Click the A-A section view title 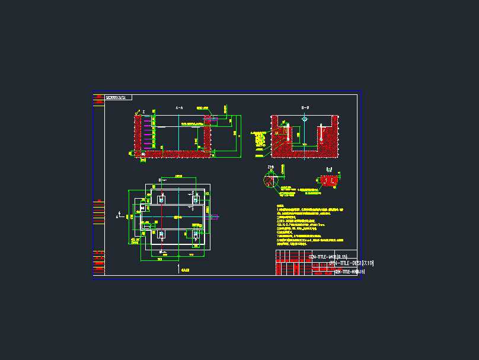179,108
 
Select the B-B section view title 305,108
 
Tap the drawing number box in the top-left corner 119,97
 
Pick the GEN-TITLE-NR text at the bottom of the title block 349,272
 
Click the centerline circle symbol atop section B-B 305,119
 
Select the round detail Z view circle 272,180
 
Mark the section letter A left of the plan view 117,217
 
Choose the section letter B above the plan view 159,179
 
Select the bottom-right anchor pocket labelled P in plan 196,235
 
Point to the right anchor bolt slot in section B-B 320,133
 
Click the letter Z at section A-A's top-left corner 143,111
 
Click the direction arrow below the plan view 179,269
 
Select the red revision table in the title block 293,263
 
